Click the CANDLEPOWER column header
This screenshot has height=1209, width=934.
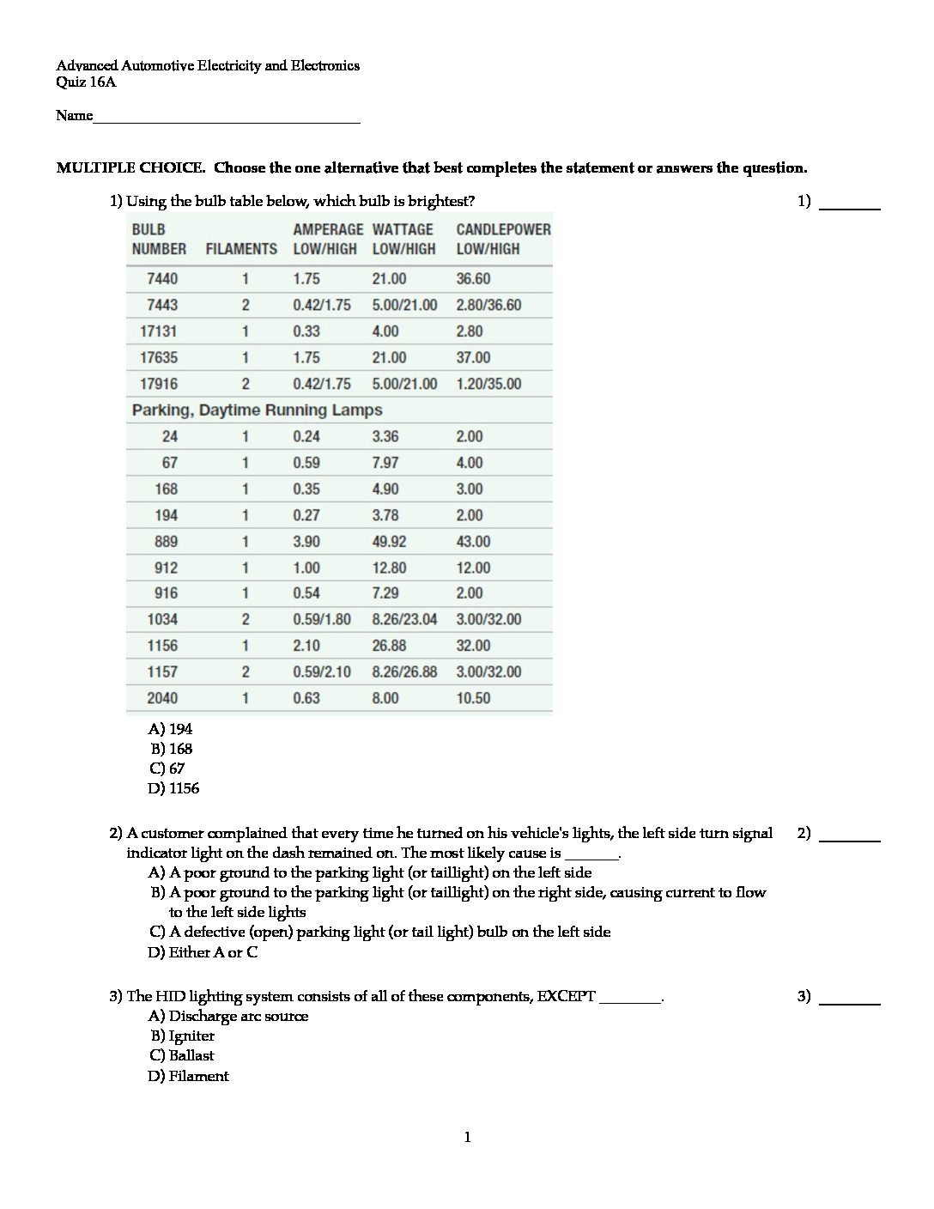(503, 229)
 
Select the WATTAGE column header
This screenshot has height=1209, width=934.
(403, 229)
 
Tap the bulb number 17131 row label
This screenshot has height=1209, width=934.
(159, 331)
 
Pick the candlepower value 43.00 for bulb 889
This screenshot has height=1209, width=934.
(473, 542)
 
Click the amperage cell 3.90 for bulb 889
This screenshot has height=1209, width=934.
(306, 542)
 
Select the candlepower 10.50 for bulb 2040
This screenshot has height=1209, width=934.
(473, 698)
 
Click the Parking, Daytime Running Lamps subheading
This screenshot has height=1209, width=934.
(257, 410)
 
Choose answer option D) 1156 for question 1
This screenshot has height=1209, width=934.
(174, 788)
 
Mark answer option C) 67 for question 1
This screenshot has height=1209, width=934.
(167, 769)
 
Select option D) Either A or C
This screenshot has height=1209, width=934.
(203, 952)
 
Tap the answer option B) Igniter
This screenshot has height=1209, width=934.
(183, 1036)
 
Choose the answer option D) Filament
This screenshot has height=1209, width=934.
(189, 1076)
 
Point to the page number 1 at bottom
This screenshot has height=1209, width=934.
(467, 1138)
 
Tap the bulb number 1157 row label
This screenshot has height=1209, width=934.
(162, 671)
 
